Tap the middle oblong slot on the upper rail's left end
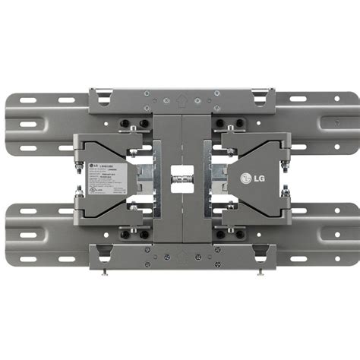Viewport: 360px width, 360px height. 29,123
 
